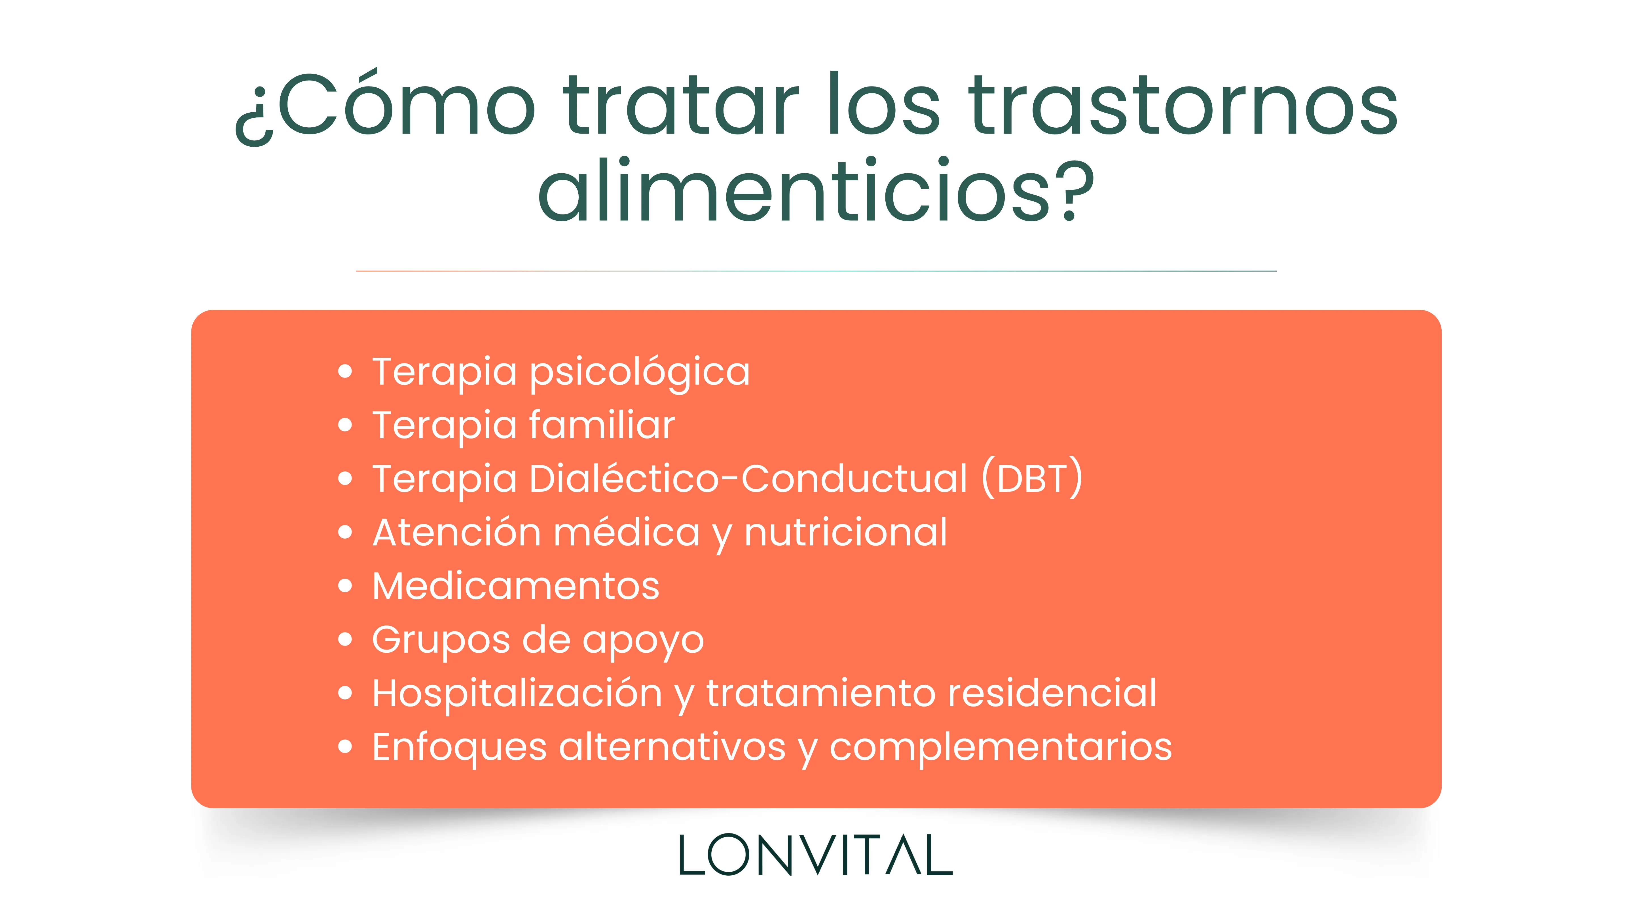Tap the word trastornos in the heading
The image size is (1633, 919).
click(x=1182, y=105)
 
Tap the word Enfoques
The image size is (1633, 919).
click(x=459, y=747)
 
